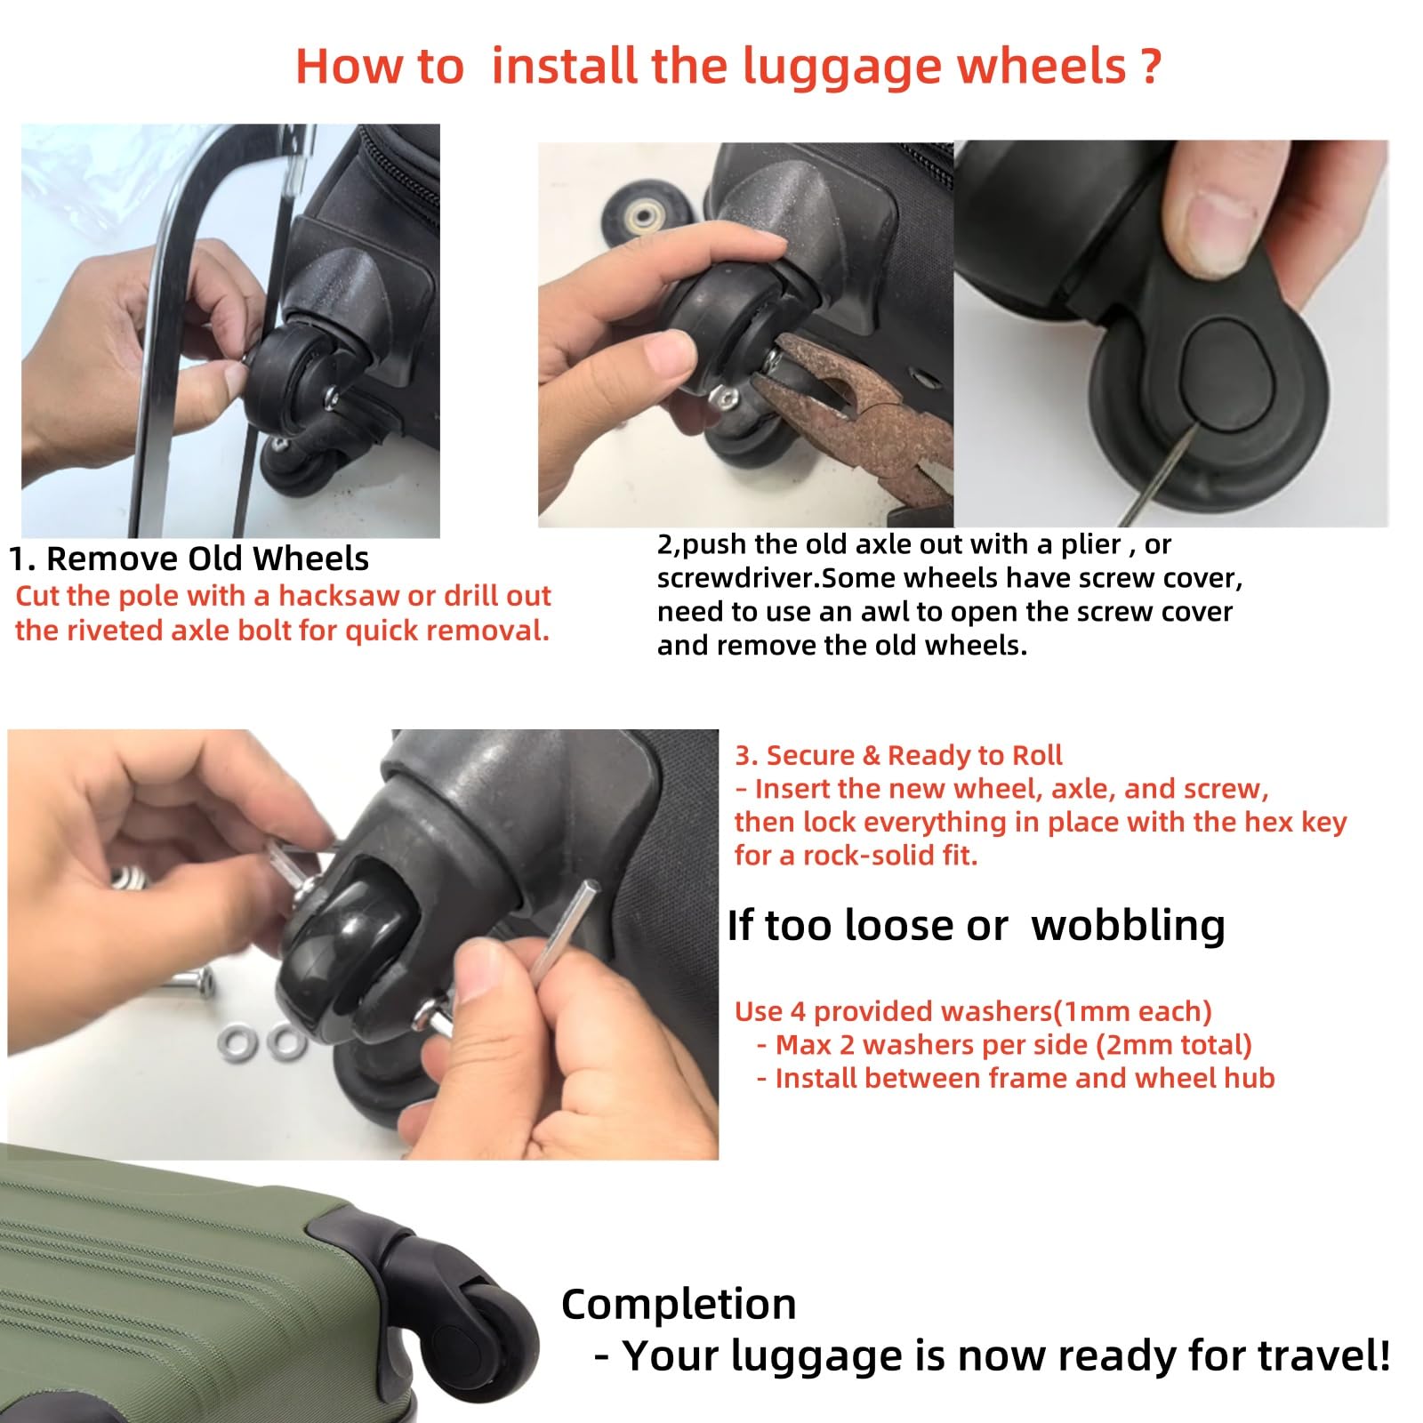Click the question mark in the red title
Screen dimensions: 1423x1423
tap(1150, 66)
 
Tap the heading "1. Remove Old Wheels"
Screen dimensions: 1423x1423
tap(189, 559)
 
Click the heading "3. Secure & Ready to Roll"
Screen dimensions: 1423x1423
tap(898, 755)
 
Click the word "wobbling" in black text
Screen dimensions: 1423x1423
tap(1128, 925)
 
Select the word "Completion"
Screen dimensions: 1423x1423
tap(679, 1305)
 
